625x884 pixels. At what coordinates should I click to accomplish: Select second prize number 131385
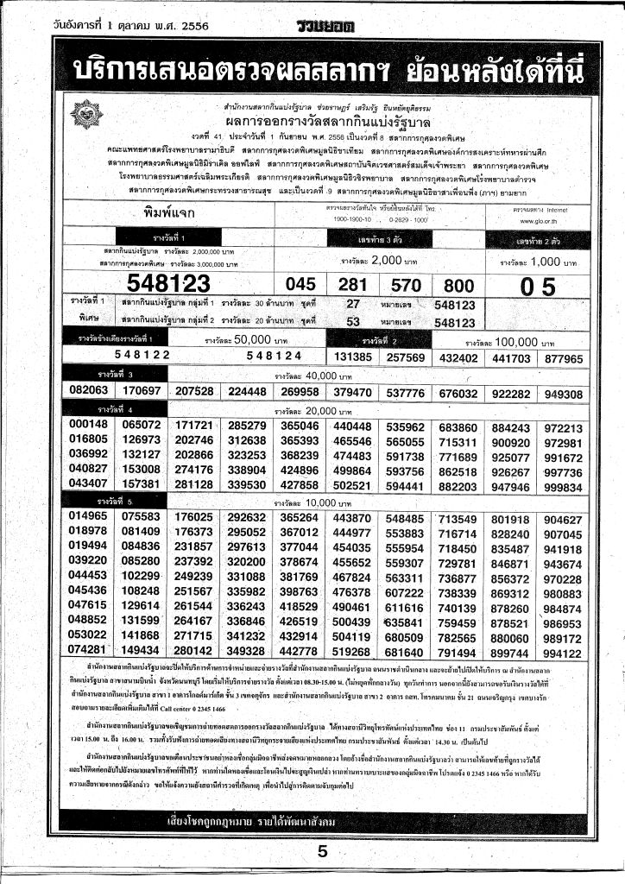click(351, 356)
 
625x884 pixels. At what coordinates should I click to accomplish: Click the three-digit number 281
click(352, 284)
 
